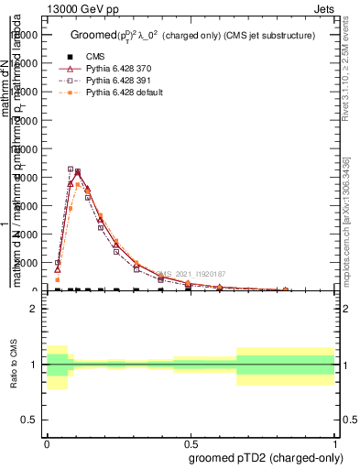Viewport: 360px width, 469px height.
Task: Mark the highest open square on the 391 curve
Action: coord(71,169)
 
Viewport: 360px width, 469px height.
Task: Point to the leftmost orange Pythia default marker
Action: coord(57,279)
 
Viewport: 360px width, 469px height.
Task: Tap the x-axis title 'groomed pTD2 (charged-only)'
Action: coord(260,457)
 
